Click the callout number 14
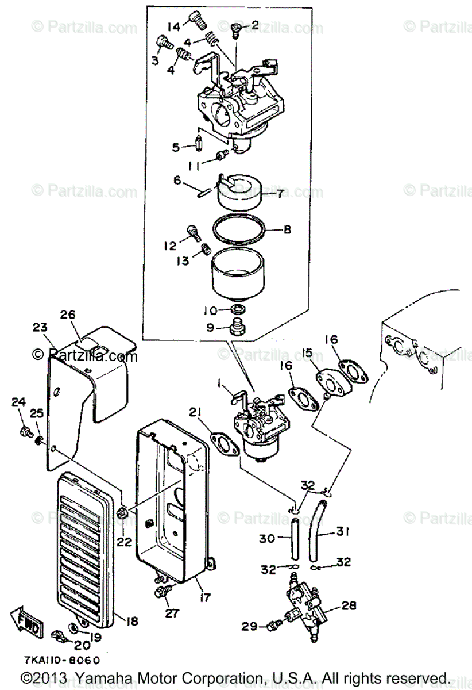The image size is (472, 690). tap(174, 26)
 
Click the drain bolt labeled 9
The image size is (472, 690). tap(235, 328)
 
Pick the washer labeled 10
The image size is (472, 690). tap(236, 310)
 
